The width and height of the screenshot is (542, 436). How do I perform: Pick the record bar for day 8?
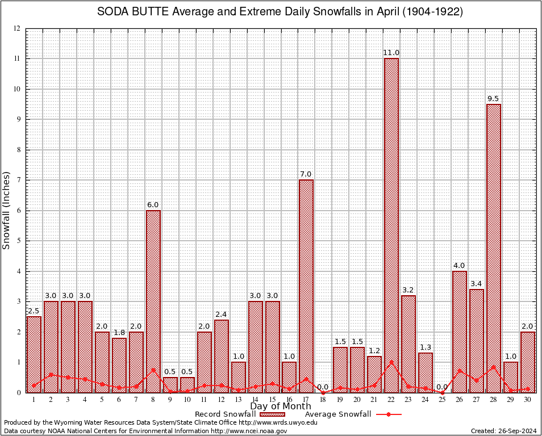click(x=153, y=301)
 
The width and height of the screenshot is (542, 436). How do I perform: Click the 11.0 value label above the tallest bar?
click(x=391, y=53)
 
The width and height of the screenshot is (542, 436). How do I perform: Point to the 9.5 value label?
click(x=494, y=99)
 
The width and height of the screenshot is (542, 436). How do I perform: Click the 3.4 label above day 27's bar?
click(x=477, y=284)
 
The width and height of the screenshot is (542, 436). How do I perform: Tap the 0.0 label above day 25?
click(x=443, y=387)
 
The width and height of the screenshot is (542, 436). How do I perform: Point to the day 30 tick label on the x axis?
click(x=528, y=399)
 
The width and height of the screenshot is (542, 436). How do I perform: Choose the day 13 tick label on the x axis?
click(x=238, y=399)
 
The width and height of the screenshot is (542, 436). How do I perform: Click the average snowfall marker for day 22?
click(x=391, y=362)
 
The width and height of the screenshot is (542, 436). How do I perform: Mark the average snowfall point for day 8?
click(x=153, y=370)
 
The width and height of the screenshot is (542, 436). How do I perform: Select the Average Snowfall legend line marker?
click(x=388, y=414)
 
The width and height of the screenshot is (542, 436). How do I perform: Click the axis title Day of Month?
click(x=280, y=406)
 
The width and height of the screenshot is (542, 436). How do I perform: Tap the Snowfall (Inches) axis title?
click(x=7, y=210)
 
